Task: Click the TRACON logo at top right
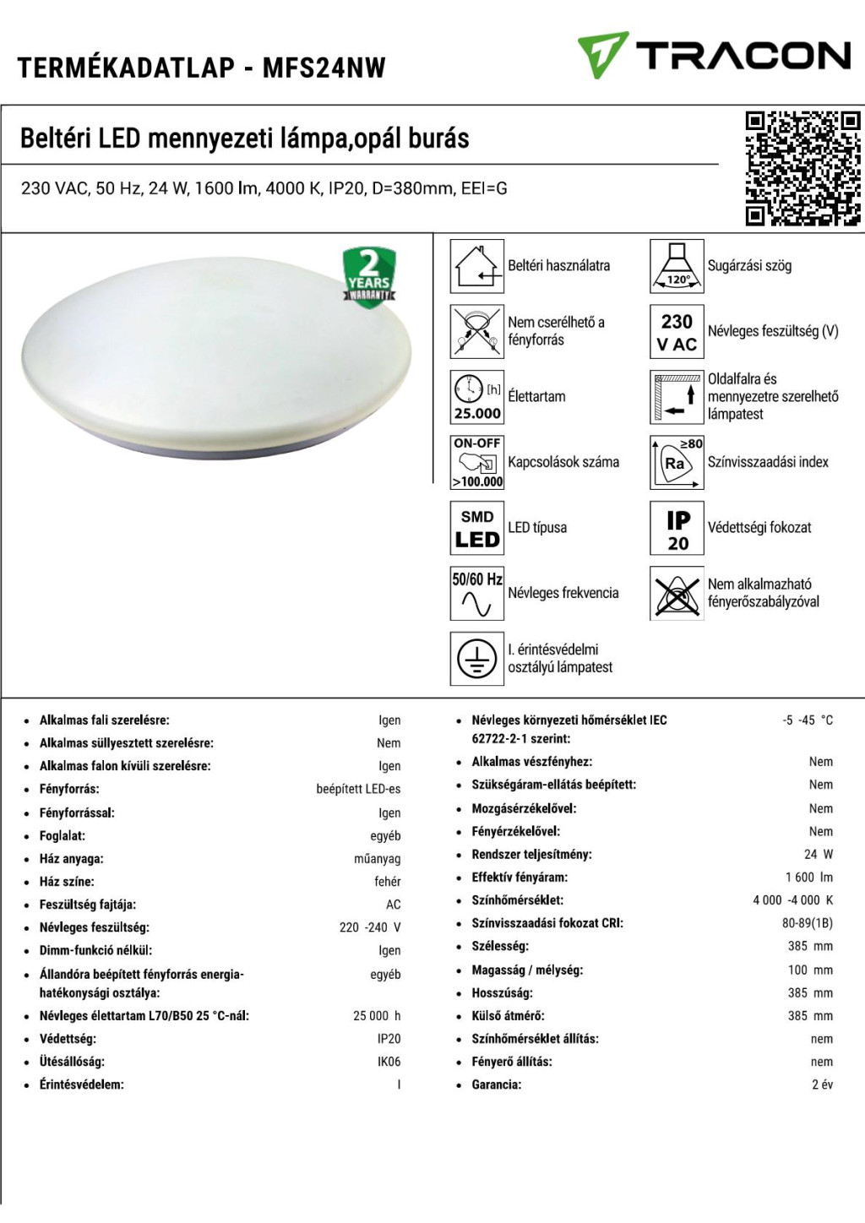click(714, 56)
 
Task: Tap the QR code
click(802, 169)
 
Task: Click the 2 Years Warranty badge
click(369, 276)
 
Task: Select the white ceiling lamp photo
click(216, 359)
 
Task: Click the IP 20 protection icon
click(677, 528)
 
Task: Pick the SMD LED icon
click(477, 528)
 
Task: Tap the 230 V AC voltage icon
click(677, 331)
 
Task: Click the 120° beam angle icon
click(677, 266)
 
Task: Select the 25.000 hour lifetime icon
click(477, 397)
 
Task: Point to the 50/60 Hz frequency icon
click(477, 594)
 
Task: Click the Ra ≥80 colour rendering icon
click(677, 462)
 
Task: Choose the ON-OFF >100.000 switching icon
click(477, 462)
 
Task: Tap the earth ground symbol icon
click(477, 659)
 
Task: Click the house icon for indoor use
click(477, 266)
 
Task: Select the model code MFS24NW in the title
click(324, 68)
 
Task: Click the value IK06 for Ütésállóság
click(389, 1062)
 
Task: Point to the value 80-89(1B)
click(807, 923)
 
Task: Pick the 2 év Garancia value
click(822, 1084)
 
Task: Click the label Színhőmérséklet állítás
click(535, 1039)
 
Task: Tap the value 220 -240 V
click(370, 927)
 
